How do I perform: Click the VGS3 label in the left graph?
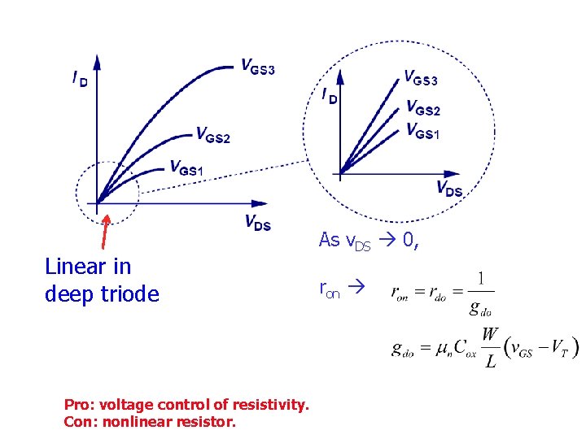[x=257, y=67]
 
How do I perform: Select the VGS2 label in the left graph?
[x=212, y=136]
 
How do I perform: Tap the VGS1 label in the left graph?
[x=186, y=168]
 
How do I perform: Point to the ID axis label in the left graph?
[x=80, y=80]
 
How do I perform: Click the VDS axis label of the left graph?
[x=257, y=223]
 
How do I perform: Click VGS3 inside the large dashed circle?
[x=421, y=79]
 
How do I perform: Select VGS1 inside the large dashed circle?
[x=422, y=130]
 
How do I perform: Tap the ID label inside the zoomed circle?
[x=329, y=96]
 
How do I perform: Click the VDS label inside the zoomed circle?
[x=449, y=189]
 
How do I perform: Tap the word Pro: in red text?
[x=79, y=403]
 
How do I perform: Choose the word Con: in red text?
[x=81, y=422]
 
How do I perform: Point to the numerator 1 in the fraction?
[x=482, y=279]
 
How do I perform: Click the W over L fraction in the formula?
[x=490, y=349]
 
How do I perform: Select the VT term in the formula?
[x=561, y=348]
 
